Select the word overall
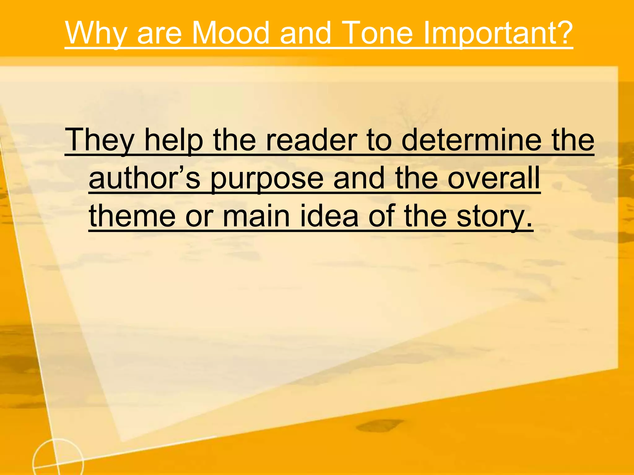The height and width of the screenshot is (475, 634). pyautogui.click(x=494, y=178)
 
